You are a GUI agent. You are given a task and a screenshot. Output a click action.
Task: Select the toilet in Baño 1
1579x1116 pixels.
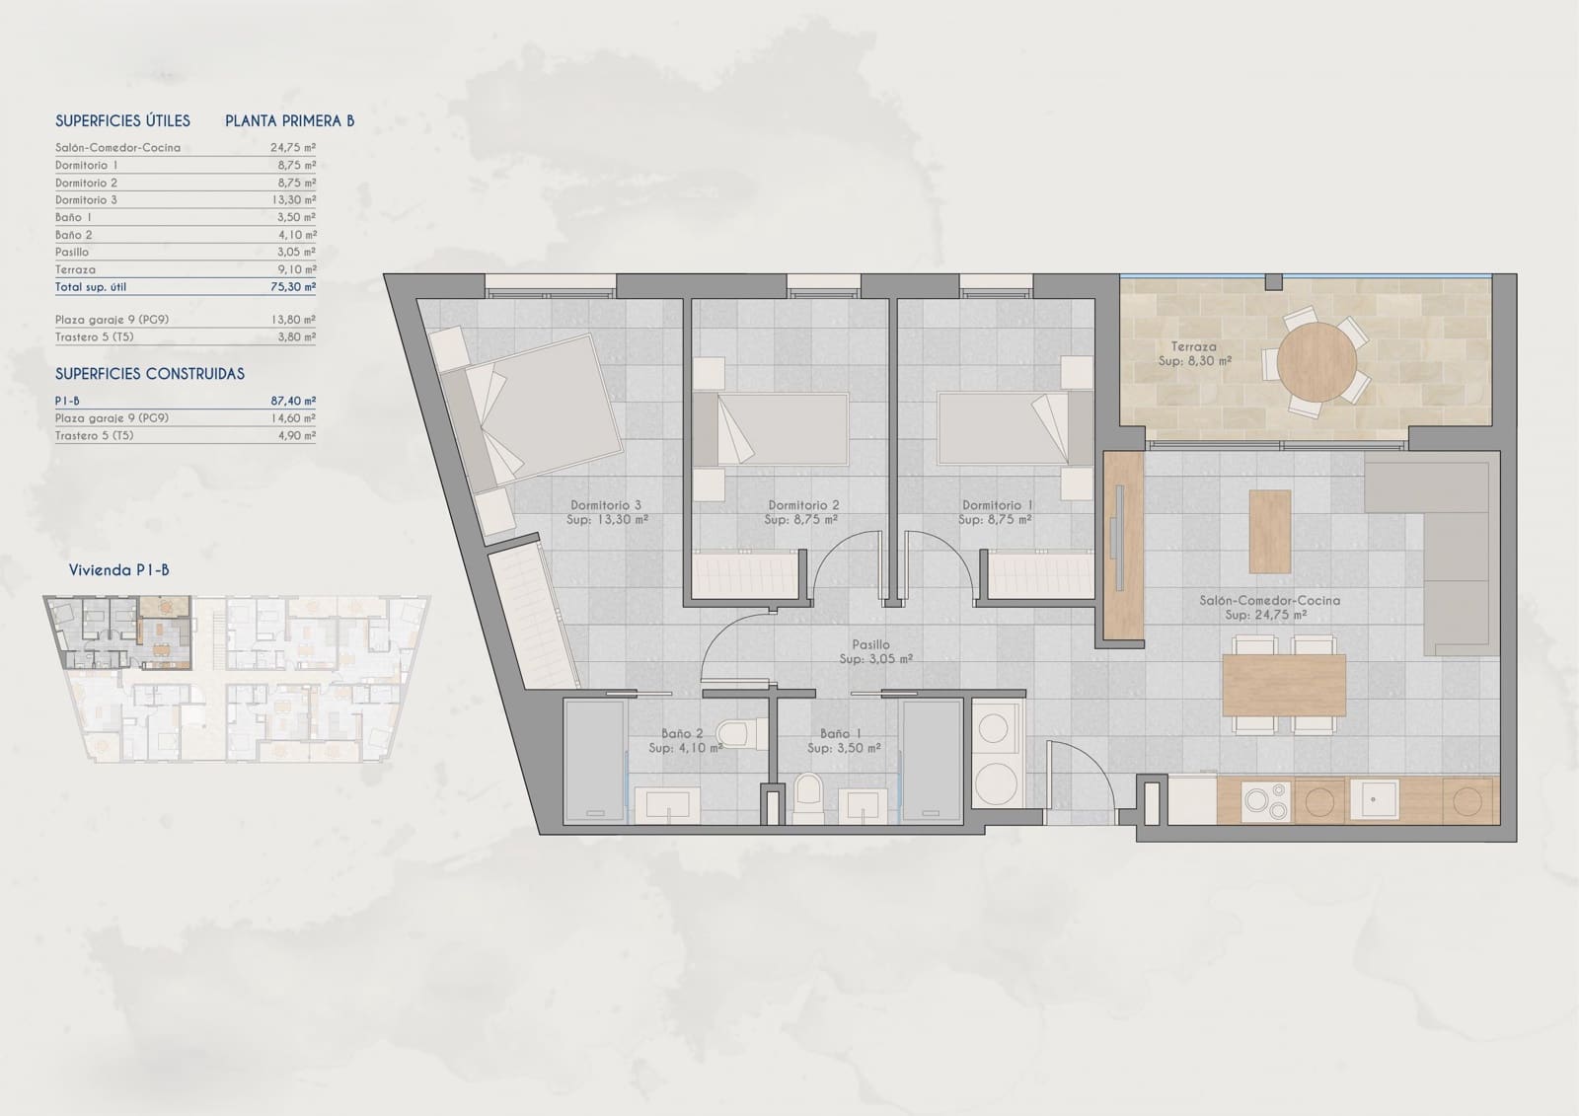coord(807,797)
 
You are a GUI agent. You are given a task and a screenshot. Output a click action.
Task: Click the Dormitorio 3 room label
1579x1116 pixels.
coord(606,505)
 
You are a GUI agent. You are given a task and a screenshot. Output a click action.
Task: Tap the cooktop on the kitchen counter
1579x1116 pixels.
coord(1266,800)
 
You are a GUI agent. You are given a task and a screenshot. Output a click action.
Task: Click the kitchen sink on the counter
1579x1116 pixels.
coord(1374,799)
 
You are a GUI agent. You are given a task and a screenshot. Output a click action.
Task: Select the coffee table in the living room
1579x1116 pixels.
coord(1270,532)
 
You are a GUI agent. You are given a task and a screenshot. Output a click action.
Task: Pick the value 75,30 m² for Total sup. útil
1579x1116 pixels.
coord(294,287)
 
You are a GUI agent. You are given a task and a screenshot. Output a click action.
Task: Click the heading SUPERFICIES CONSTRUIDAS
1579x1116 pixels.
coord(150,374)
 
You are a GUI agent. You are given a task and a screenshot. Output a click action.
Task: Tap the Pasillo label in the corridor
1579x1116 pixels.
coord(870,645)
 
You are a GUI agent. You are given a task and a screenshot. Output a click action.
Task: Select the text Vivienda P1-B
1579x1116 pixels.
coord(118,570)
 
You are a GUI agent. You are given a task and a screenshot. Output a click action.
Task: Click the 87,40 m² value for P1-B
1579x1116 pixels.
coord(293,401)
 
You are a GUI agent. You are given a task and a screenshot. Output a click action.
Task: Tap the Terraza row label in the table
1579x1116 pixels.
coord(76,269)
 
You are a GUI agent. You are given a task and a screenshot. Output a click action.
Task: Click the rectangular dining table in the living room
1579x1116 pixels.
coord(1283,686)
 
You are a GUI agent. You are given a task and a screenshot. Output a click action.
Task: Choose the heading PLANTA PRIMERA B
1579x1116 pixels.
coord(289,121)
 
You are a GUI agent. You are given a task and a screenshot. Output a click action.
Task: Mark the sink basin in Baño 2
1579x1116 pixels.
coord(667,805)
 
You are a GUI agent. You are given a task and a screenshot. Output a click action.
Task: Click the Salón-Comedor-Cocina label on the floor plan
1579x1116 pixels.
coord(1269,600)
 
